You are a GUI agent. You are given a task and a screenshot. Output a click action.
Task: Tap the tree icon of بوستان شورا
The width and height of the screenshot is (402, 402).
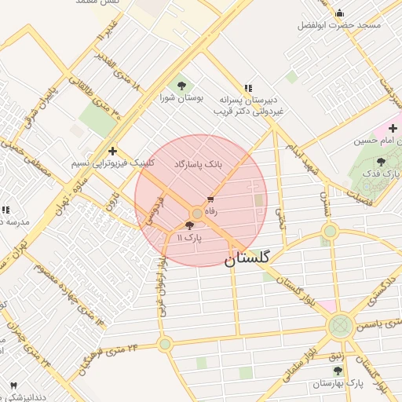(182, 85)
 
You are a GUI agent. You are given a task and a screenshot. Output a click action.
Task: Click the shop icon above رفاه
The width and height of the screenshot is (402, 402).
(210, 199)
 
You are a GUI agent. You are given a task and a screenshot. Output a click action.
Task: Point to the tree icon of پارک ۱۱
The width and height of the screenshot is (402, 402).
(189, 225)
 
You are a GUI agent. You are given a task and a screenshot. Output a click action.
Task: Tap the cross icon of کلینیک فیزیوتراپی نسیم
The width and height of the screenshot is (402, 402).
(113, 151)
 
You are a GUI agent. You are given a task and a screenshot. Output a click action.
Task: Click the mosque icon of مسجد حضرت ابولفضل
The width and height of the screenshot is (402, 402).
(339, 13)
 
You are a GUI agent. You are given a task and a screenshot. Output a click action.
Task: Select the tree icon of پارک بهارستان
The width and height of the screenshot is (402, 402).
(338, 371)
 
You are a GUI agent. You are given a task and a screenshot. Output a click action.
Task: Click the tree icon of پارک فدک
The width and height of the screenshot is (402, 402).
(381, 162)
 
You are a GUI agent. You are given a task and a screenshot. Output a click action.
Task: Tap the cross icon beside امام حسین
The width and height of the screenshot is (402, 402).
(393, 128)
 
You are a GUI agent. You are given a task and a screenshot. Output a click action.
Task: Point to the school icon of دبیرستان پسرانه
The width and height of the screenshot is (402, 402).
(248, 89)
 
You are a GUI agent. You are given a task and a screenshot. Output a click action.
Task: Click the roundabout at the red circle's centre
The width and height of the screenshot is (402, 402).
(197, 213)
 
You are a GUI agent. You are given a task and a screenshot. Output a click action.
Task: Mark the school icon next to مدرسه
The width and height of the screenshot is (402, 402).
(5, 210)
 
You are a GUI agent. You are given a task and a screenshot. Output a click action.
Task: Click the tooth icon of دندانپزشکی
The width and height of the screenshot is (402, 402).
(13, 385)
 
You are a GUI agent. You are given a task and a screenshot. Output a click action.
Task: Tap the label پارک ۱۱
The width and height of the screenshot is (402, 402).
(189, 237)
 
